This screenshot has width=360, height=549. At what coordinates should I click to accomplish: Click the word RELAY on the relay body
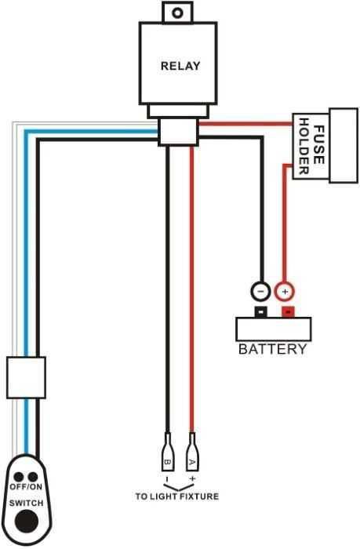180,66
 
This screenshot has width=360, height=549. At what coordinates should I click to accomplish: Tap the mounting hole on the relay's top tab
179,13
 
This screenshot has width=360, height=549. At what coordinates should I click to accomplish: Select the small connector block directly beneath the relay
178,132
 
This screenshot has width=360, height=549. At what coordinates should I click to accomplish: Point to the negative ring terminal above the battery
260,291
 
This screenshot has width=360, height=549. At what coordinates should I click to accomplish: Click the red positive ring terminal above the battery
284,291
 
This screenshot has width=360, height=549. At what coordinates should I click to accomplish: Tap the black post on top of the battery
260,313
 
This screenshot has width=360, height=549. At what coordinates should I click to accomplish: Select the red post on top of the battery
288,313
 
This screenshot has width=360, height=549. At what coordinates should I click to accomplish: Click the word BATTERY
272,349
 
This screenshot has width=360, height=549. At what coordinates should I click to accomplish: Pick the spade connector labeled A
191,453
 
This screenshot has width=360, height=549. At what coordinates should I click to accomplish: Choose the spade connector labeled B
166,453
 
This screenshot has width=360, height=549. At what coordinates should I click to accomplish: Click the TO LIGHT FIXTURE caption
177,496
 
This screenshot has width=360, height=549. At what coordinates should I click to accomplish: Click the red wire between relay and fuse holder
243,124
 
